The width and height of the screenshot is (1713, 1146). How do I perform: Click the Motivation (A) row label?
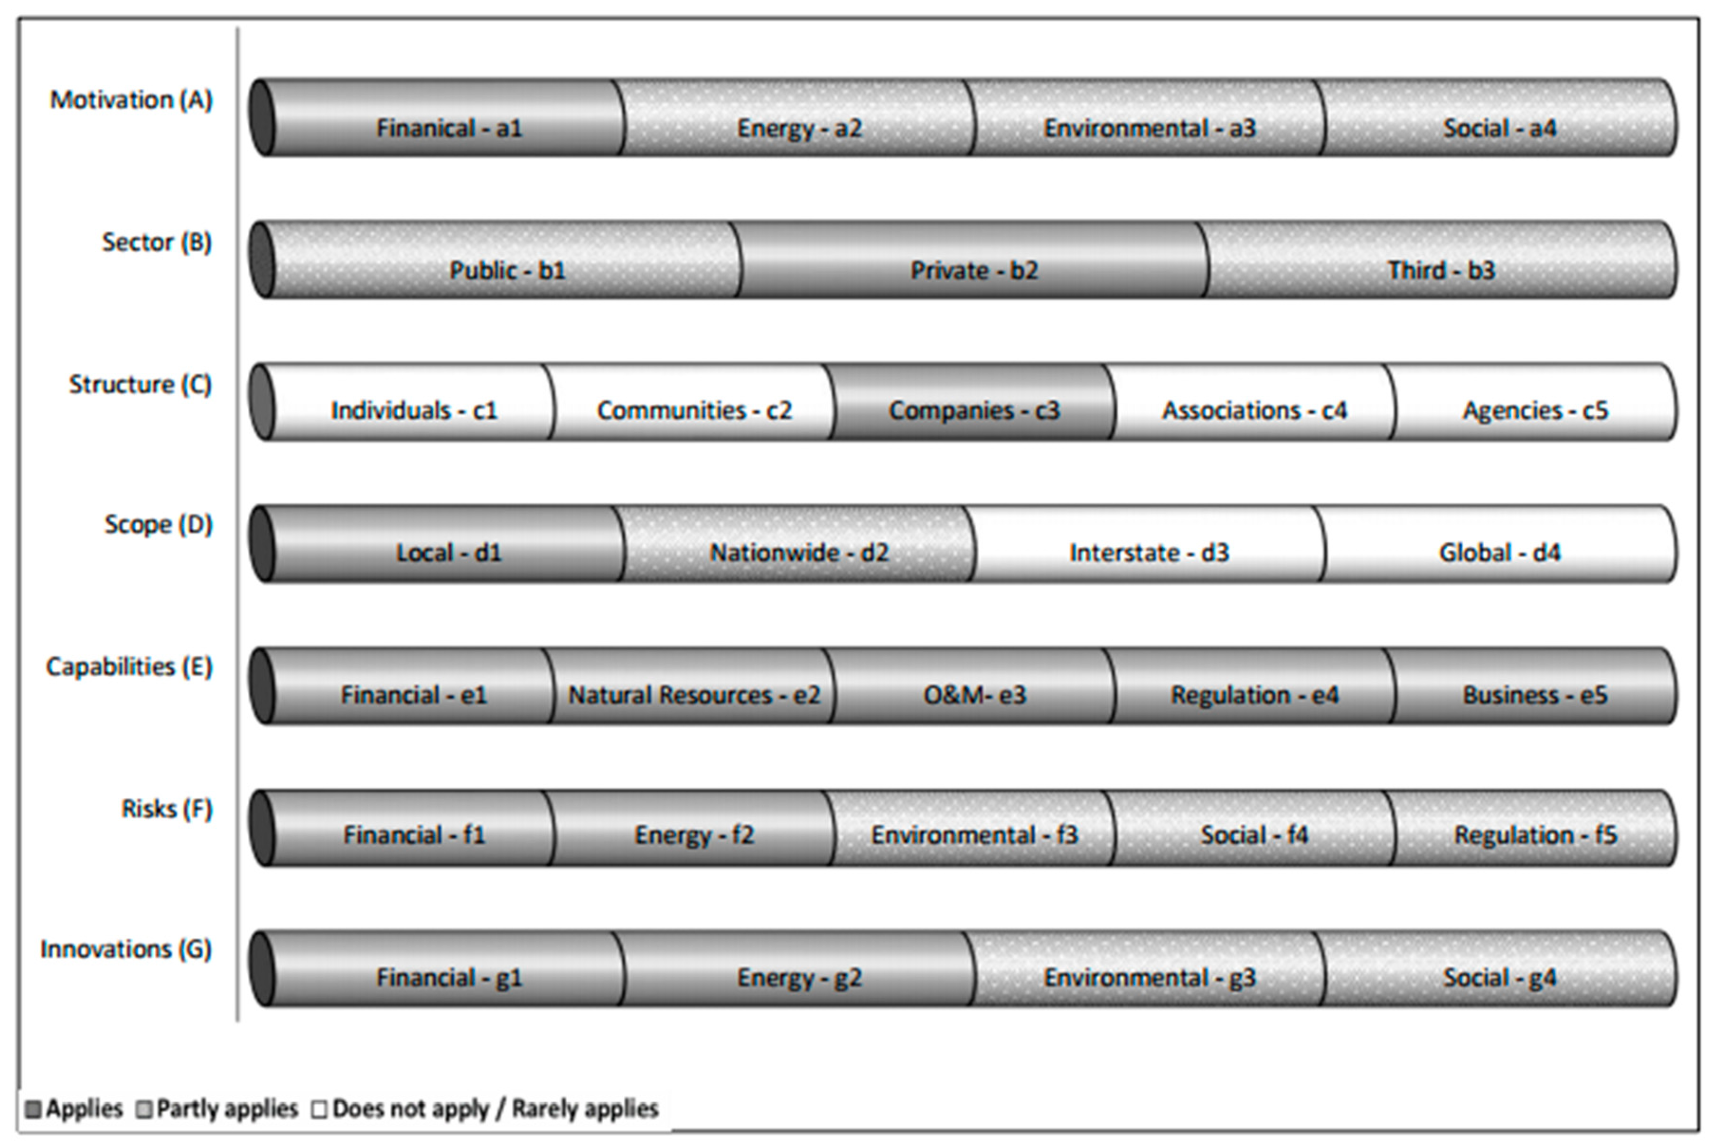[x=131, y=100]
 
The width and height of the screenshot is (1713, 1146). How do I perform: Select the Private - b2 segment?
[x=973, y=261]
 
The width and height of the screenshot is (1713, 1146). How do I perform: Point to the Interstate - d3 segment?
[x=1149, y=545]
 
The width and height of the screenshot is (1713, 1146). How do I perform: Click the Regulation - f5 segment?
[x=1535, y=828]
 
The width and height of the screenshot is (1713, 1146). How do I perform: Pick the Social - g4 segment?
[x=1499, y=970]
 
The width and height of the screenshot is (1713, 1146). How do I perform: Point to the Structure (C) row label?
[x=140, y=384]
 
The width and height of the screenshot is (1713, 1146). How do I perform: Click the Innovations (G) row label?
[x=126, y=949]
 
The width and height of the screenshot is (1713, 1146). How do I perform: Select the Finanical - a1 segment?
[x=448, y=119]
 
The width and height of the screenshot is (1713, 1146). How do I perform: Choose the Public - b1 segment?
[x=506, y=261]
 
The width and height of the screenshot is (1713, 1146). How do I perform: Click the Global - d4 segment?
[x=1499, y=545]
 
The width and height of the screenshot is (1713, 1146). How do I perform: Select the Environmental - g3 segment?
[x=1149, y=970]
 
